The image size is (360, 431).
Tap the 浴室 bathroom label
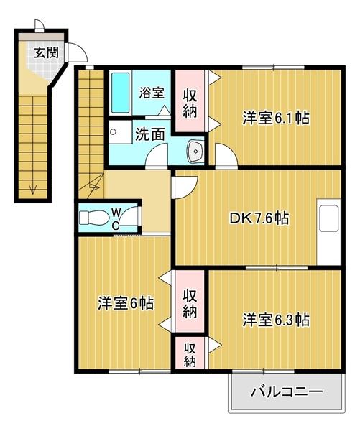click(x=152, y=93)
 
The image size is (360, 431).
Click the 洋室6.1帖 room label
click(x=275, y=118)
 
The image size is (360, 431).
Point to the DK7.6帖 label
click(x=260, y=218)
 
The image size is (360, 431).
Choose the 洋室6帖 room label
click(x=125, y=303)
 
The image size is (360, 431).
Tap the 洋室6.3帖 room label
click(x=275, y=319)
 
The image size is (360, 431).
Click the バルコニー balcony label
click(x=287, y=393)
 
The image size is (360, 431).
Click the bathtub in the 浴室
click(x=119, y=93)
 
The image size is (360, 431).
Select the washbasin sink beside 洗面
click(x=195, y=151)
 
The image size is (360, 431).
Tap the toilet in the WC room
click(x=94, y=218)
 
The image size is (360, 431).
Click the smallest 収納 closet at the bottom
click(x=190, y=354)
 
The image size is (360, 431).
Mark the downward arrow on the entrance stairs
click(x=32, y=189)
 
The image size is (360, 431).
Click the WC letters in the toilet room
click(x=116, y=218)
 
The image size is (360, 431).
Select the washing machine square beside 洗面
click(x=114, y=134)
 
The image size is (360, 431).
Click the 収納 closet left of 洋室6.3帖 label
click(x=190, y=303)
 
